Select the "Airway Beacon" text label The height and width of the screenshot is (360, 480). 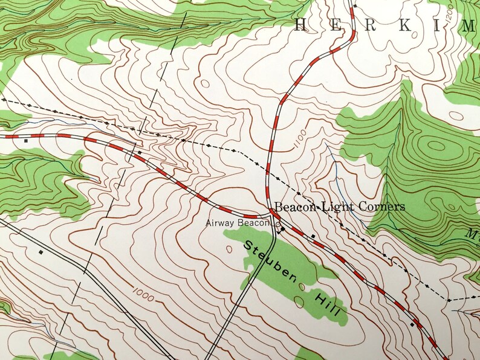coord(236,223)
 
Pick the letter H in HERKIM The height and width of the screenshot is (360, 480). coord(300,25)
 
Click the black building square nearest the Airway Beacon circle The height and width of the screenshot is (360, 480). coord(282,230)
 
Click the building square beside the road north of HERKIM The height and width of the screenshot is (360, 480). coord(355,6)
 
